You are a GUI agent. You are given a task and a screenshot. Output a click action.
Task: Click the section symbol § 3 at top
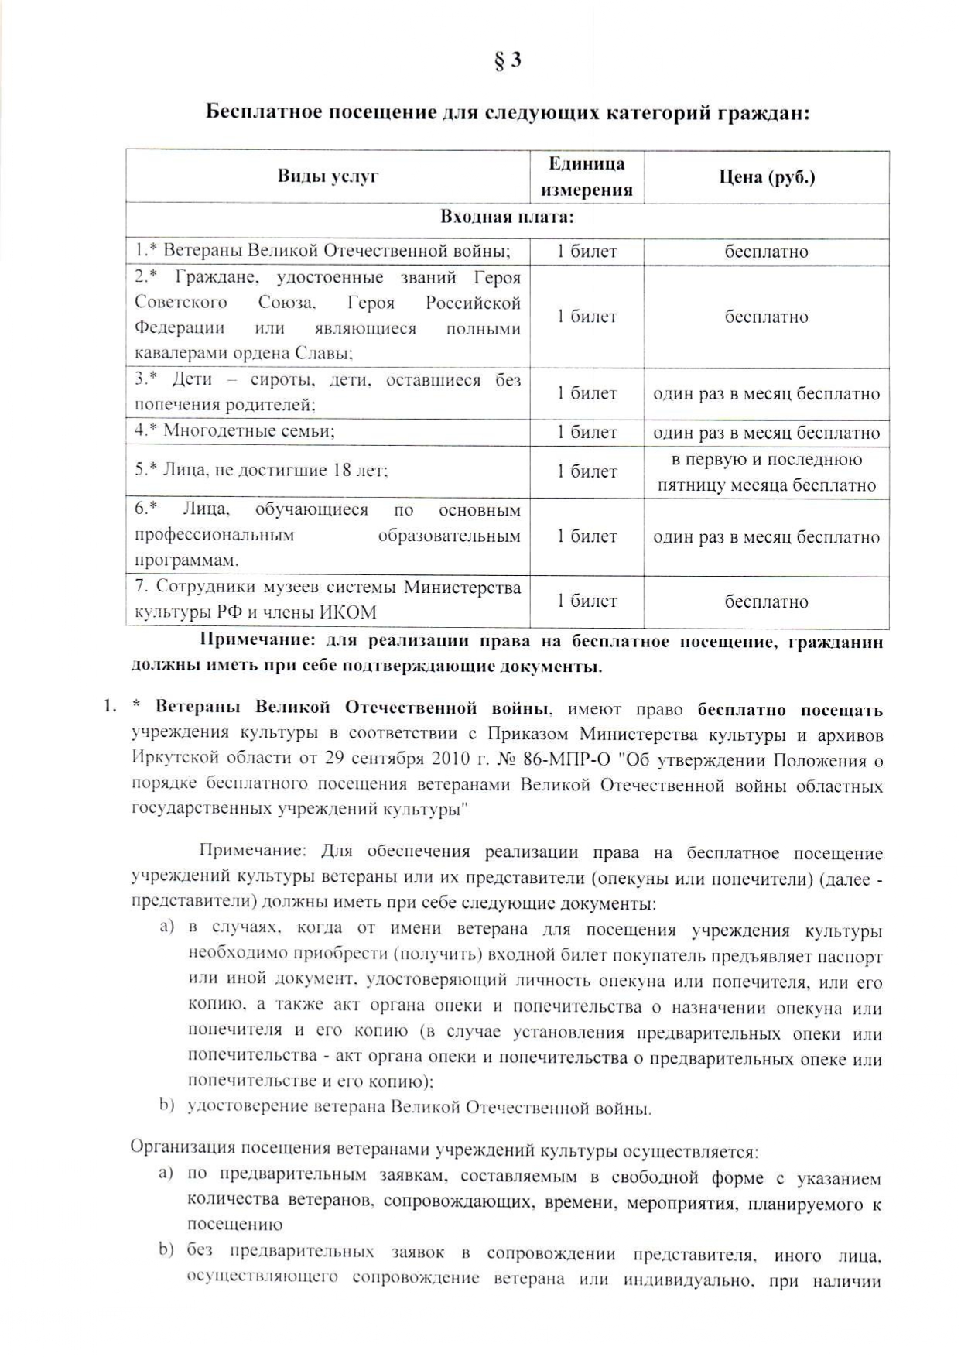tap(508, 60)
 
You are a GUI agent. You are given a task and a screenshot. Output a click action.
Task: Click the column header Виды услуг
tap(328, 176)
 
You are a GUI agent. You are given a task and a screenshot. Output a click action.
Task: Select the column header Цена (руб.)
tap(766, 177)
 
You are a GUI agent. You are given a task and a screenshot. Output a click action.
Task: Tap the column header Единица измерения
tap(587, 176)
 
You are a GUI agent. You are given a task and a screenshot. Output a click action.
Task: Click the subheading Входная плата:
tap(507, 217)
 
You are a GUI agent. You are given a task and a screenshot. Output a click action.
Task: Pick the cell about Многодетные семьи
tap(234, 431)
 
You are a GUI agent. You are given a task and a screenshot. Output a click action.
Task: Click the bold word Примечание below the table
tap(258, 641)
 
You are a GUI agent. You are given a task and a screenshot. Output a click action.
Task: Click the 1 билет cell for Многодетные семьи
tap(587, 433)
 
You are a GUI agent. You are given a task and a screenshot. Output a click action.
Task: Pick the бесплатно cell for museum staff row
tap(766, 601)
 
